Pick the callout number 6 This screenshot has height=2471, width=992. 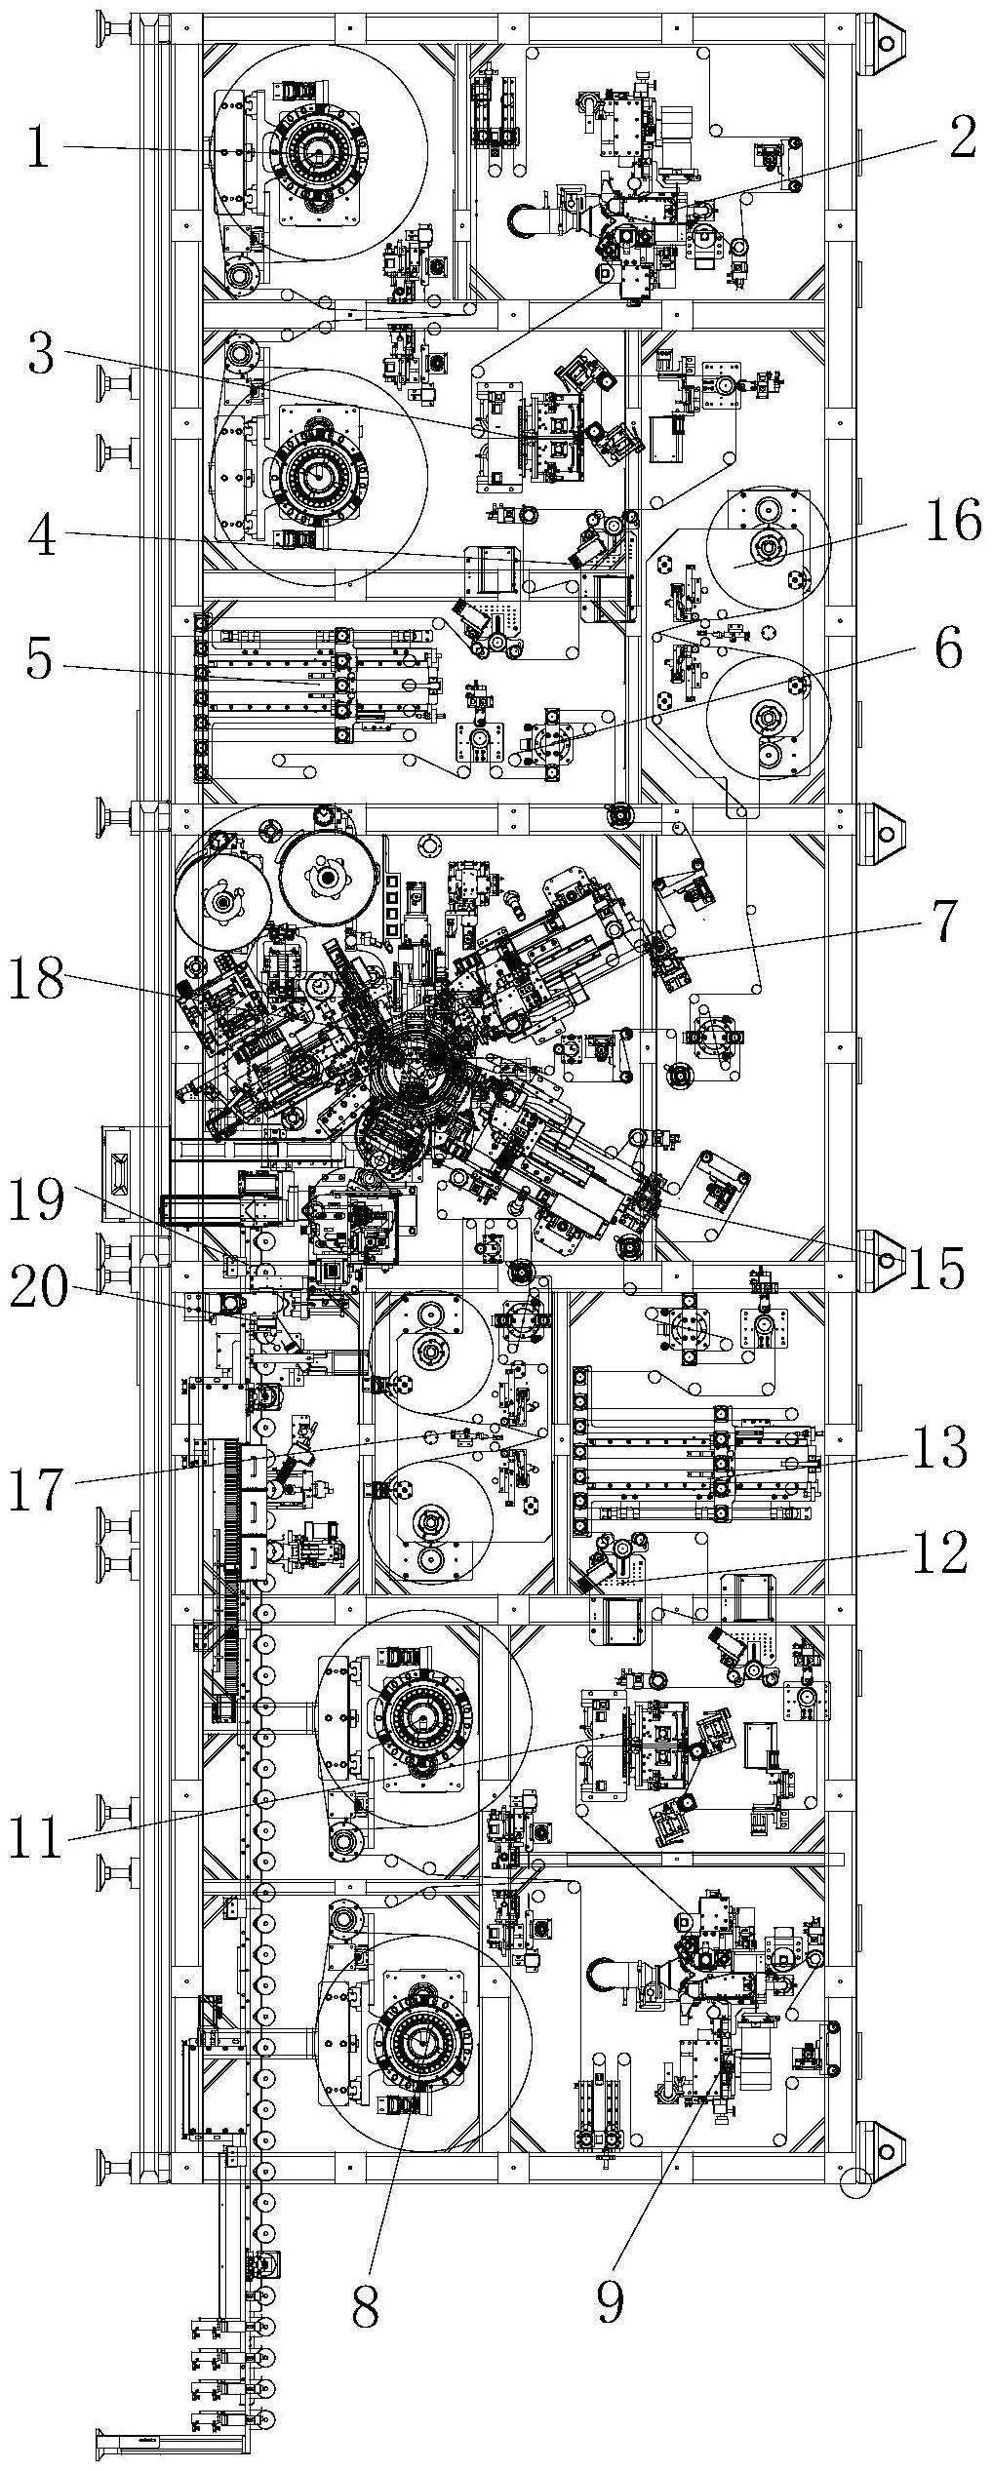pyautogui.click(x=949, y=648)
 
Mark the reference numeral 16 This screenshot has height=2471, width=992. pyautogui.click(x=953, y=522)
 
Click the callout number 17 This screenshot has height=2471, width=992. pyautogui.click(x=36, y=1491)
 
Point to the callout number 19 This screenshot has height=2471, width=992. pyautogui.click(x=36, y=1200)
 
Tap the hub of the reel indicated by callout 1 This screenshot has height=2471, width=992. pyautogui.click(x=318, y=153)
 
